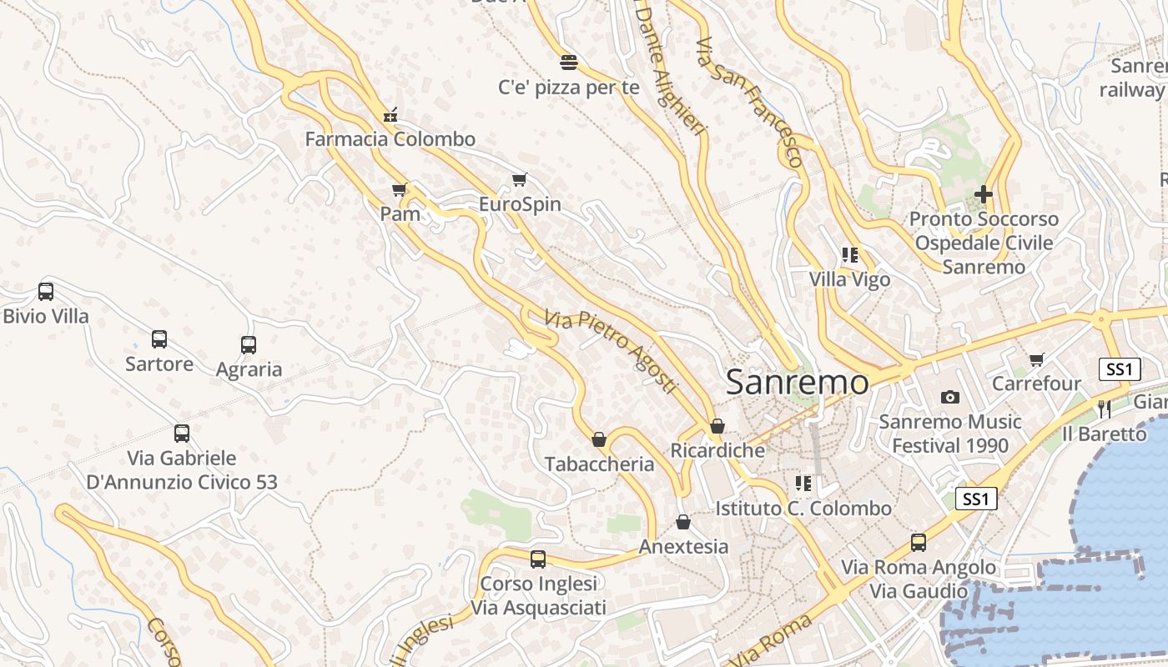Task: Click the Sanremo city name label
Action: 797,383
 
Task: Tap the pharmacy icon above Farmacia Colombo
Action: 390,116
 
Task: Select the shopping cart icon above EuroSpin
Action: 520,180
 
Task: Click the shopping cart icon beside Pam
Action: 400,190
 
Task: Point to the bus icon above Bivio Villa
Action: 46,292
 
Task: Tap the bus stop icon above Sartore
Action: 159,339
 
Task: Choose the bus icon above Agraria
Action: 249,345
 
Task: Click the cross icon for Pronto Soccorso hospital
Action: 984,195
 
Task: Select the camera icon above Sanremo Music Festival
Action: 949,398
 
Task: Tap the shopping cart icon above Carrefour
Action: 1036,360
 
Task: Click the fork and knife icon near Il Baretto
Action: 1105,409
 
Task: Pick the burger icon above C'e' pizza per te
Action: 569,63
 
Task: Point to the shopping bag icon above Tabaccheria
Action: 599,439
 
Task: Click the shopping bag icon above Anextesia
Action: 683,523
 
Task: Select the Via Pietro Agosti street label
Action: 610,353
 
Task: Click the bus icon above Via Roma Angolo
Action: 919,543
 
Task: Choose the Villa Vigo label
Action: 850,280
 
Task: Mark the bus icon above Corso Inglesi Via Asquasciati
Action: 538,559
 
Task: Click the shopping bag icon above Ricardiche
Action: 717,427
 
